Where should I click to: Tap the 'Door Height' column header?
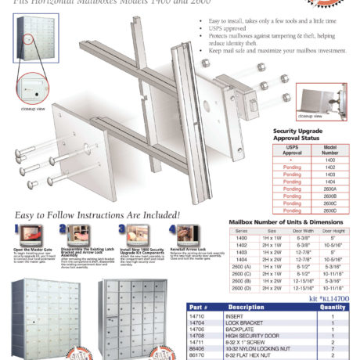[334, 232]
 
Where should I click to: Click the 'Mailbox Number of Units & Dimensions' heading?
[292, 223]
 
